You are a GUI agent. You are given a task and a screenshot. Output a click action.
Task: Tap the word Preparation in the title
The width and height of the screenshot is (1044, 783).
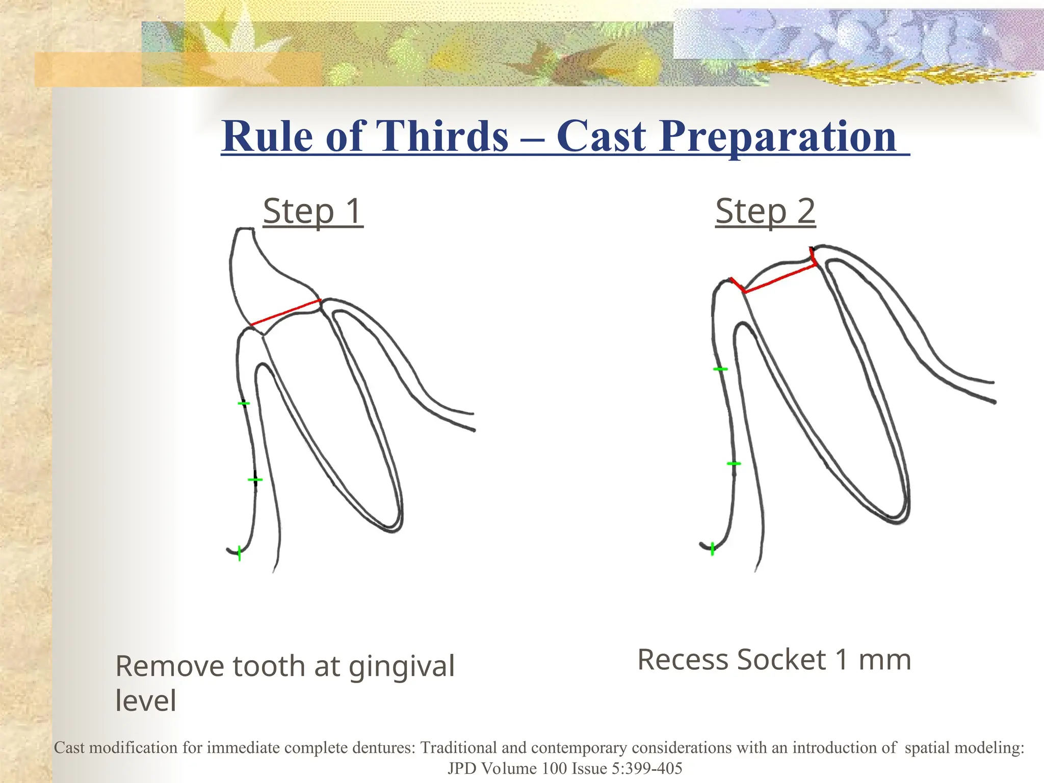pos(777,136)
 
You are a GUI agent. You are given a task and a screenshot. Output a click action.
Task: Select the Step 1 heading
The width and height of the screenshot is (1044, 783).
pos(313,211)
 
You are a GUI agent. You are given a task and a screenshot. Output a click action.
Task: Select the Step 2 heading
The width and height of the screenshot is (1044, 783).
pos(765,211)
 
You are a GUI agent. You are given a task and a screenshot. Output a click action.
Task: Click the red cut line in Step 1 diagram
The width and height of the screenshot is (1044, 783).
pos(286,312)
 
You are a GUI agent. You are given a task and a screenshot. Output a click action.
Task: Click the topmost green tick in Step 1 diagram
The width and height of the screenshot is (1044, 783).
pos(244,404)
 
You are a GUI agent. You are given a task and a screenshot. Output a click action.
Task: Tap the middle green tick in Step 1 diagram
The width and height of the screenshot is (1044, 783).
pos(255,480)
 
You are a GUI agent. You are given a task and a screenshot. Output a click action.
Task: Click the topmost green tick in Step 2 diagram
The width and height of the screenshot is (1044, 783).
pos(720,369)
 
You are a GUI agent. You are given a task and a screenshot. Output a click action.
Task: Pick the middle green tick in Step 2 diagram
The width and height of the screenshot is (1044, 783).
pos(734,463)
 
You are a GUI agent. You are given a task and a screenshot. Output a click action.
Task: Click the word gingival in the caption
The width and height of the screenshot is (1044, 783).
pos(401,667)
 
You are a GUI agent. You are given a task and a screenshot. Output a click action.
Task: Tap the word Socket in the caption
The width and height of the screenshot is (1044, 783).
pos(781,660)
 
